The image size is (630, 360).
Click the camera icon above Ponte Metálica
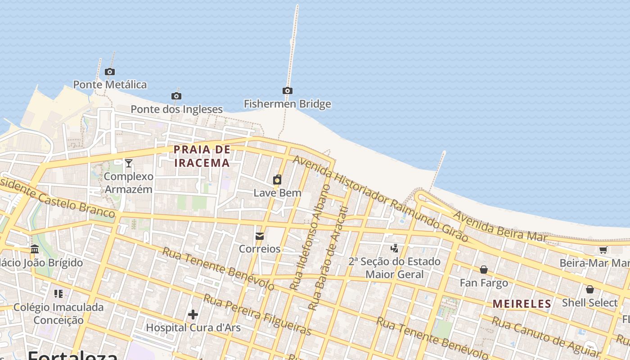(x=109, y=72)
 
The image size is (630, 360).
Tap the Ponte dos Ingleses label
(x=176, y=109)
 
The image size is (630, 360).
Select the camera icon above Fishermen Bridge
(x=288, y=91)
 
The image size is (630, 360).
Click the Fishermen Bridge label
(x=287, y=104)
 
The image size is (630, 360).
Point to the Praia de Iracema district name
(x=202, y=156)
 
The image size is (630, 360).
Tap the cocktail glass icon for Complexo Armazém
(x=129, y=163)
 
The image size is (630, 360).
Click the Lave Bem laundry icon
(x=277, y=180)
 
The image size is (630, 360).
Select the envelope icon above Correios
(x=260, y=236)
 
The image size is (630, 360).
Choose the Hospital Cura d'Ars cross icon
(x=193, y=314)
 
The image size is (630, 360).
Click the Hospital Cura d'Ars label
(x=193, y=327)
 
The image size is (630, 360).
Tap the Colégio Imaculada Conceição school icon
(x=58, y=294)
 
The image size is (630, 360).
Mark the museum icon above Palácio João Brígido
(x=35, y=249)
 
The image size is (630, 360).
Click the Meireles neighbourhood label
(x=522, y=304)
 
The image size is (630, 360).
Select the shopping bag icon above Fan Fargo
(x=484, y=270)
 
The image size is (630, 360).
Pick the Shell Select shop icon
(x=589, y=289)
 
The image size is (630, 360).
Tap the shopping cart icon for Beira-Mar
(x=603, y=250)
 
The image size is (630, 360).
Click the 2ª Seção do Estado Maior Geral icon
(x=395, y=248)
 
